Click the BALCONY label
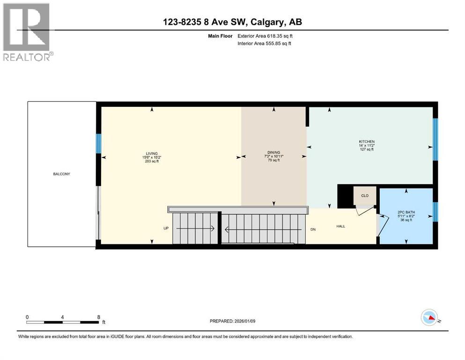pyautogui.click(x=61, y=174)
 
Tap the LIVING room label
pyautogui.click(x=151, y=153)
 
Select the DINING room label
pyautogui.click(x=273, y=152)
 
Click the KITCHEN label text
pyautogui.click(x=367, y=142)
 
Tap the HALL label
pyautogui.click(x=340, y=226)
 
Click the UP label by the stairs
pyautogui.click(x=166, y=229)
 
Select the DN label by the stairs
pyautogui.click(x=313, y=229)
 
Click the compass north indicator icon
pyautogui.click(x=429, y=318)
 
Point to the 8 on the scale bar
pyautogui.click(x=98, y=317)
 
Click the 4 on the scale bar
pyautogui.click(x=62, y=317)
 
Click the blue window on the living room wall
pyautogui.click(x=99, y=143)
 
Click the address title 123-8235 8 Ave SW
pyautogui.click(x=232, y=22)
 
